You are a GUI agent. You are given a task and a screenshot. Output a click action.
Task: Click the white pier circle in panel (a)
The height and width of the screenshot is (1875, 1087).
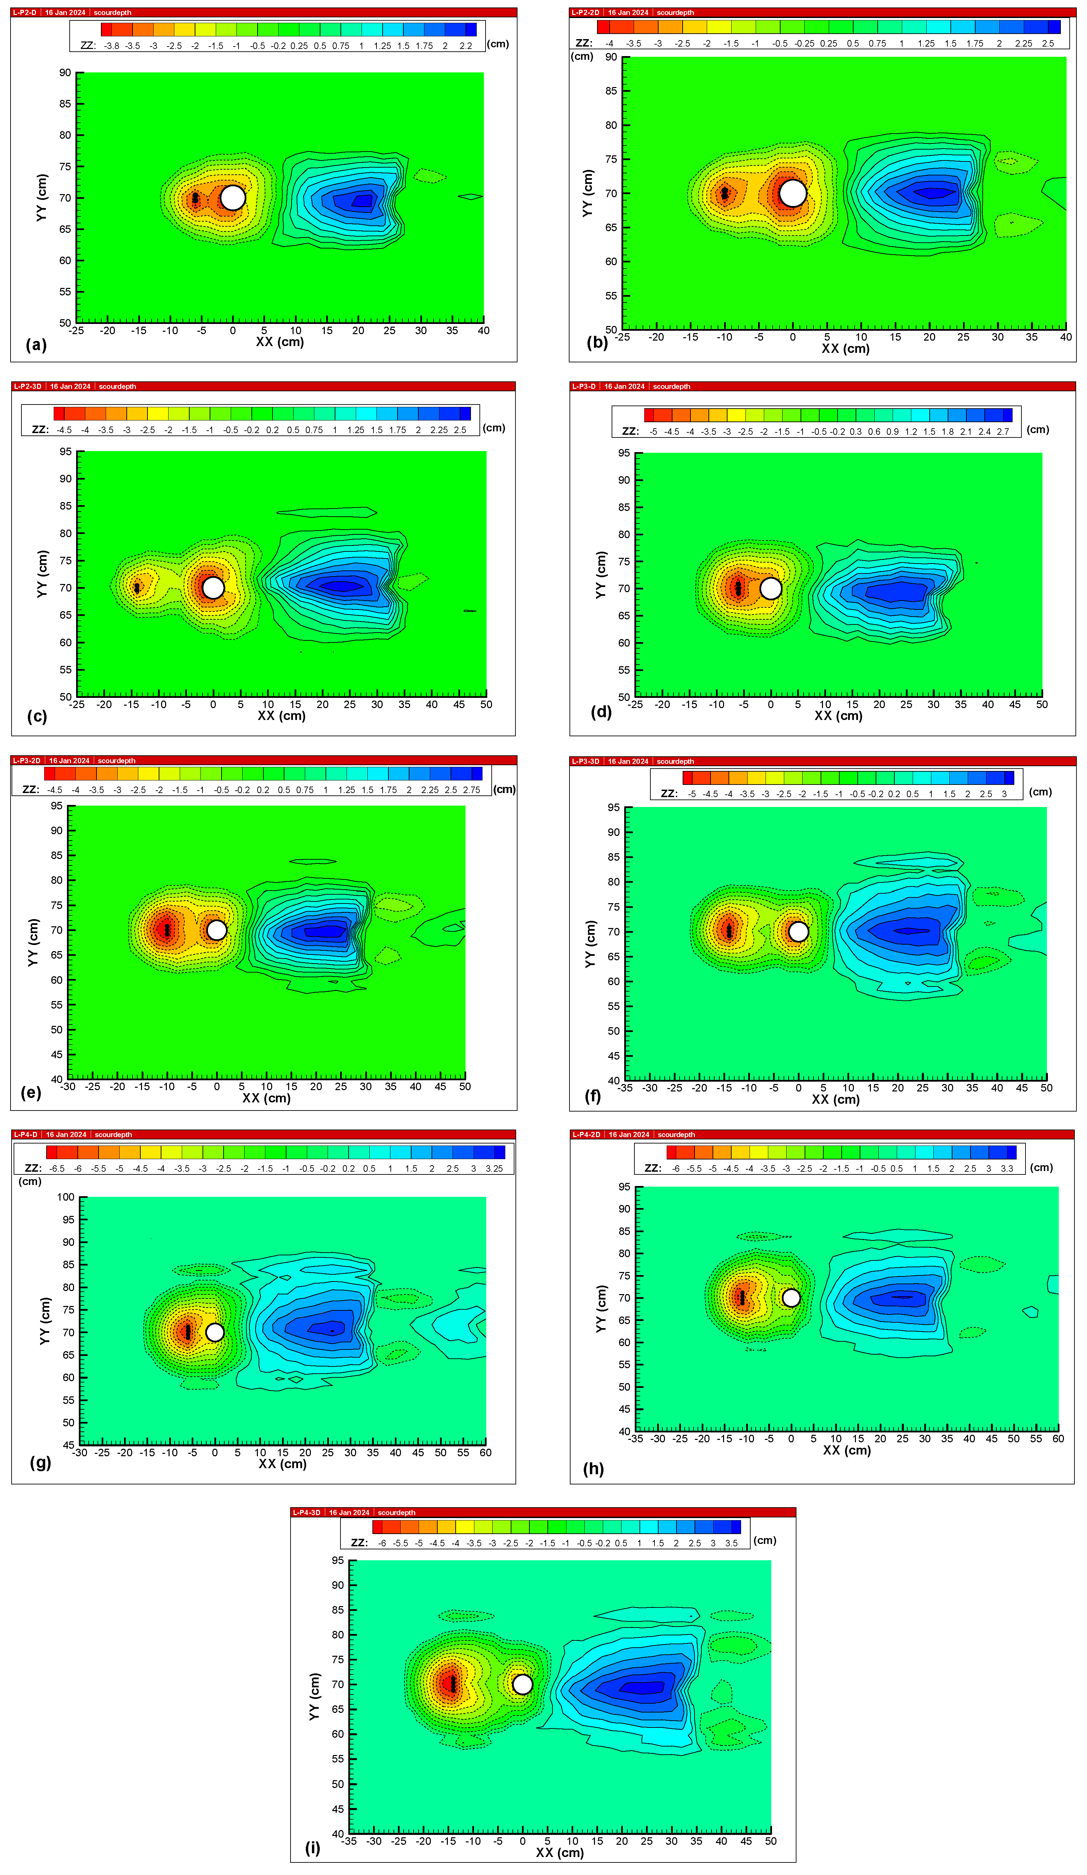point(233,198)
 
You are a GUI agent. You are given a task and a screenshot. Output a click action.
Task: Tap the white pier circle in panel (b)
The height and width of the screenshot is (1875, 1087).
point(792,193)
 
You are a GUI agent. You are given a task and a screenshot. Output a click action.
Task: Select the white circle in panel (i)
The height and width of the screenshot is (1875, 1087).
point(522,1684)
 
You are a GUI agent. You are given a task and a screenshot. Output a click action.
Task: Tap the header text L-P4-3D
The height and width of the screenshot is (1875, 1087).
point(306,1512)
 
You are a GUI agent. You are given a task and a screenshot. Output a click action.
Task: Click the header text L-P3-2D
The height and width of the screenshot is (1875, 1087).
point(27,760)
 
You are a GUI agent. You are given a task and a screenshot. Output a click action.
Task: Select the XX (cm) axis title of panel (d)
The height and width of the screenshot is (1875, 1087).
point(838,716)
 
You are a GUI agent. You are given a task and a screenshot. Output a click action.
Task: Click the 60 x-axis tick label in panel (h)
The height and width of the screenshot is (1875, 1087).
point(1057,1438)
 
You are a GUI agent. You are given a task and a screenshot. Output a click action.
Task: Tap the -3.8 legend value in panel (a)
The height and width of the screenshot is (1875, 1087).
point(111,46)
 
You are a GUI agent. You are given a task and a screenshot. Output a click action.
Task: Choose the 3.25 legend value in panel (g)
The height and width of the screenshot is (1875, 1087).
point(494,1168)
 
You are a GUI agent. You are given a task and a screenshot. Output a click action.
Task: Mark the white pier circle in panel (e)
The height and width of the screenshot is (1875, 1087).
point(216,930)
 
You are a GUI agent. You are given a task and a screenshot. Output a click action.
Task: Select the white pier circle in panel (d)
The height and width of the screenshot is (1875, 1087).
point(771,588)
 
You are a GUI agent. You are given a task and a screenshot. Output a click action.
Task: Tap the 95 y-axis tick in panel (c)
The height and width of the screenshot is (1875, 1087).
point(66,452)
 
